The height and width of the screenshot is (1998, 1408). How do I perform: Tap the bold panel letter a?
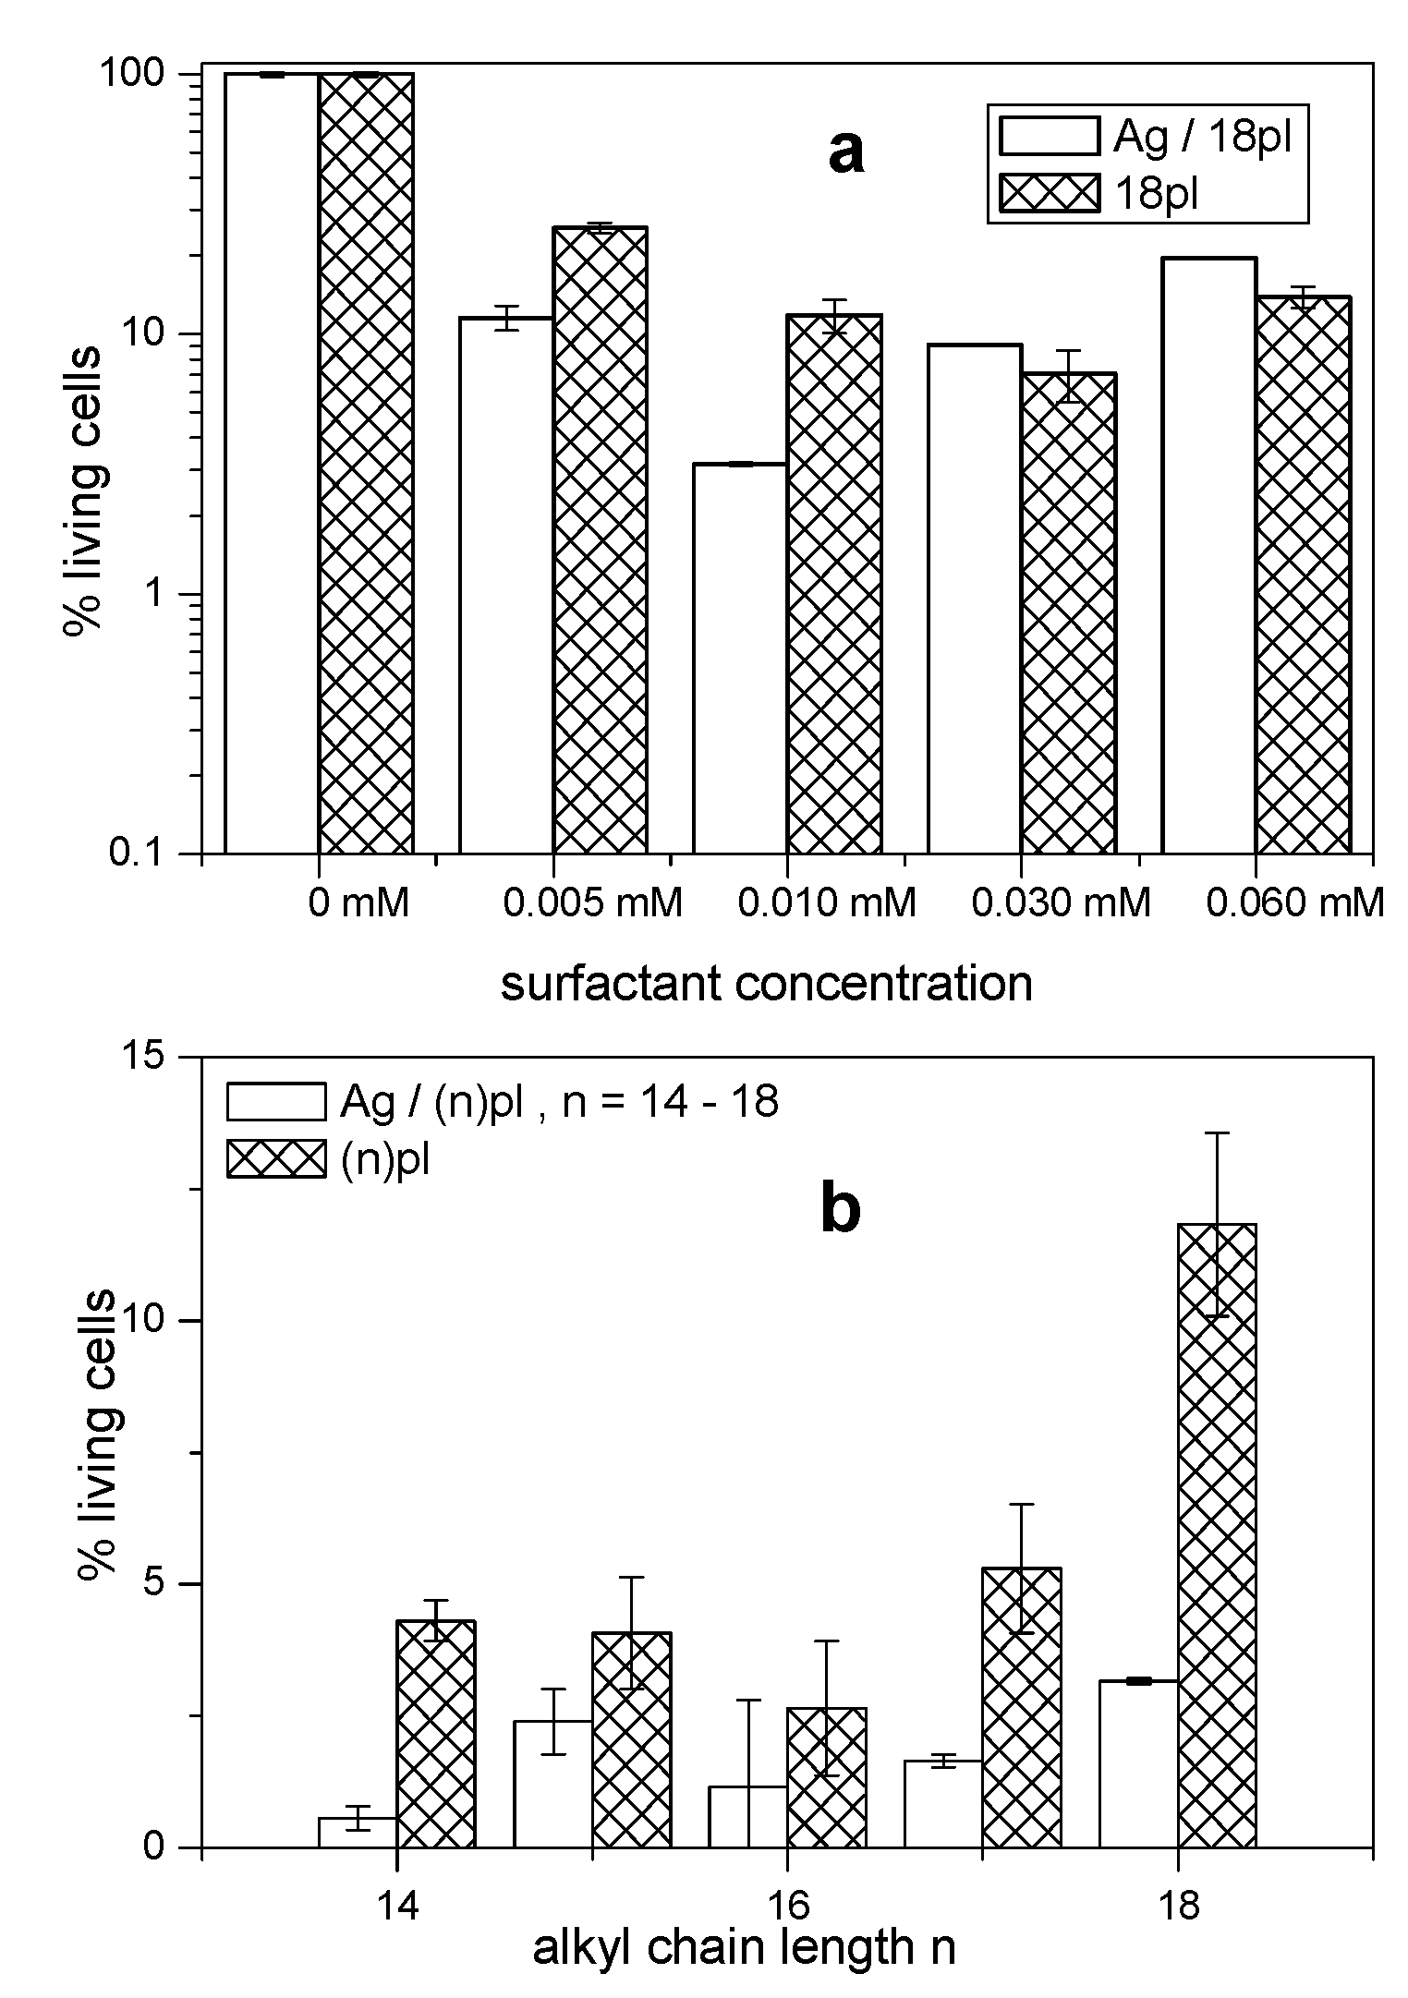[x=845, y=152]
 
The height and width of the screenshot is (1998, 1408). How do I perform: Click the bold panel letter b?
[x=841, y=1211]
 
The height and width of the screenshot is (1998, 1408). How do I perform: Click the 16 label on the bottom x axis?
[x=786, y=1904]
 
